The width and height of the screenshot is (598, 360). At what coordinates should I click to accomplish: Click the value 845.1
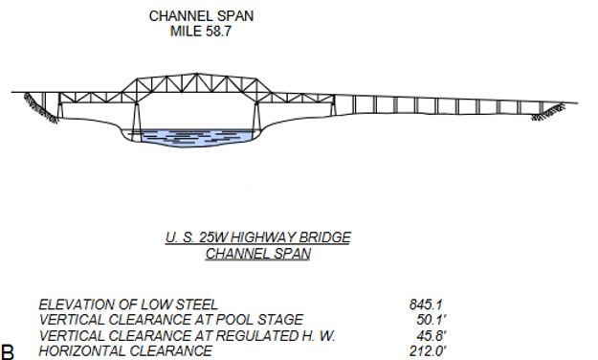coord(425,304)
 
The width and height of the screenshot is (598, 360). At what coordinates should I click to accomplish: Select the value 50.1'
coord(425,320)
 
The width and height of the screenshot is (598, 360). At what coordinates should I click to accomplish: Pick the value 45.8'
coord(425,335)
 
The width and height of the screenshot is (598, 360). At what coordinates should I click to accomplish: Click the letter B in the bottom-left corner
coord(9,350)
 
